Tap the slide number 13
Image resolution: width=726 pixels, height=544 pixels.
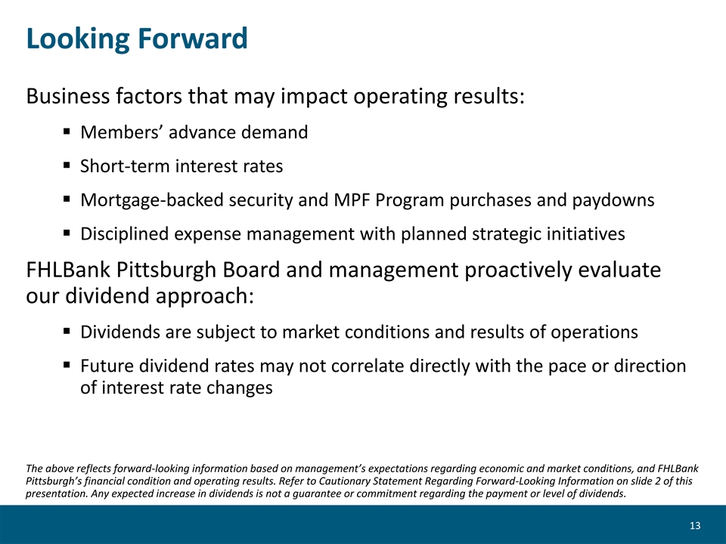point(695,526)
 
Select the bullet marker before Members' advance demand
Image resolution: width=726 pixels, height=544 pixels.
point(67,131)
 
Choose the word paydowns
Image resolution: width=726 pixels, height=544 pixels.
point(613,200)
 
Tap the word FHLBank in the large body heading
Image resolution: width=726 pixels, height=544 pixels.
point(68,270)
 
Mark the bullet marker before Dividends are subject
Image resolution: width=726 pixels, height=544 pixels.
point(67,331)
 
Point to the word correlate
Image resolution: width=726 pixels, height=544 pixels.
point(368,366)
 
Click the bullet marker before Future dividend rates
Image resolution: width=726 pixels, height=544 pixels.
point(67,365)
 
